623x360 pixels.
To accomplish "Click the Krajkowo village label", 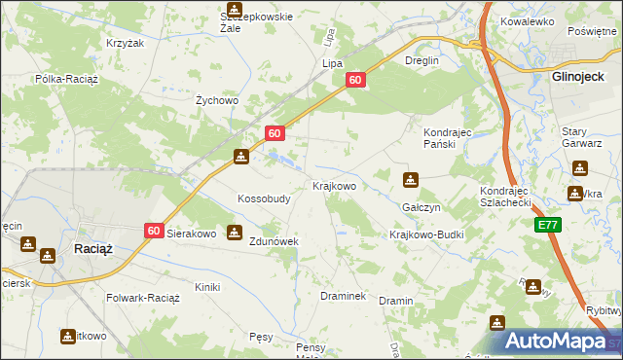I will (333, 185).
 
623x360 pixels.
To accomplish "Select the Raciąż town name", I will (93, 249).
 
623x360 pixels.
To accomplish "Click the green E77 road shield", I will (548, 225).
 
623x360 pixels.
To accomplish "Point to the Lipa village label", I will (332, 63).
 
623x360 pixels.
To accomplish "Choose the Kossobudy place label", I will (264, 198).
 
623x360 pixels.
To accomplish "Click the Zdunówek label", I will (274, 241).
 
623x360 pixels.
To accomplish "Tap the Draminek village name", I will (343, 295).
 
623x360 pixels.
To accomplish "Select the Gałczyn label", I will (421, 208).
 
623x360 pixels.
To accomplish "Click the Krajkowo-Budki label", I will (426, 235).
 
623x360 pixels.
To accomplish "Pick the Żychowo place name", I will (217, 100).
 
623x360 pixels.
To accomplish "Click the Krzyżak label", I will (125, 44).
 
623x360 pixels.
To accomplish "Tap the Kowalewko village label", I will (527, 20).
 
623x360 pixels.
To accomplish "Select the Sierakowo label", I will (191, 234).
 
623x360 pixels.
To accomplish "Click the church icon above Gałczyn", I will (411, 180).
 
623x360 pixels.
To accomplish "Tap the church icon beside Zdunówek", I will (234, 233).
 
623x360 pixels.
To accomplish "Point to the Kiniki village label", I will (206, 287).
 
